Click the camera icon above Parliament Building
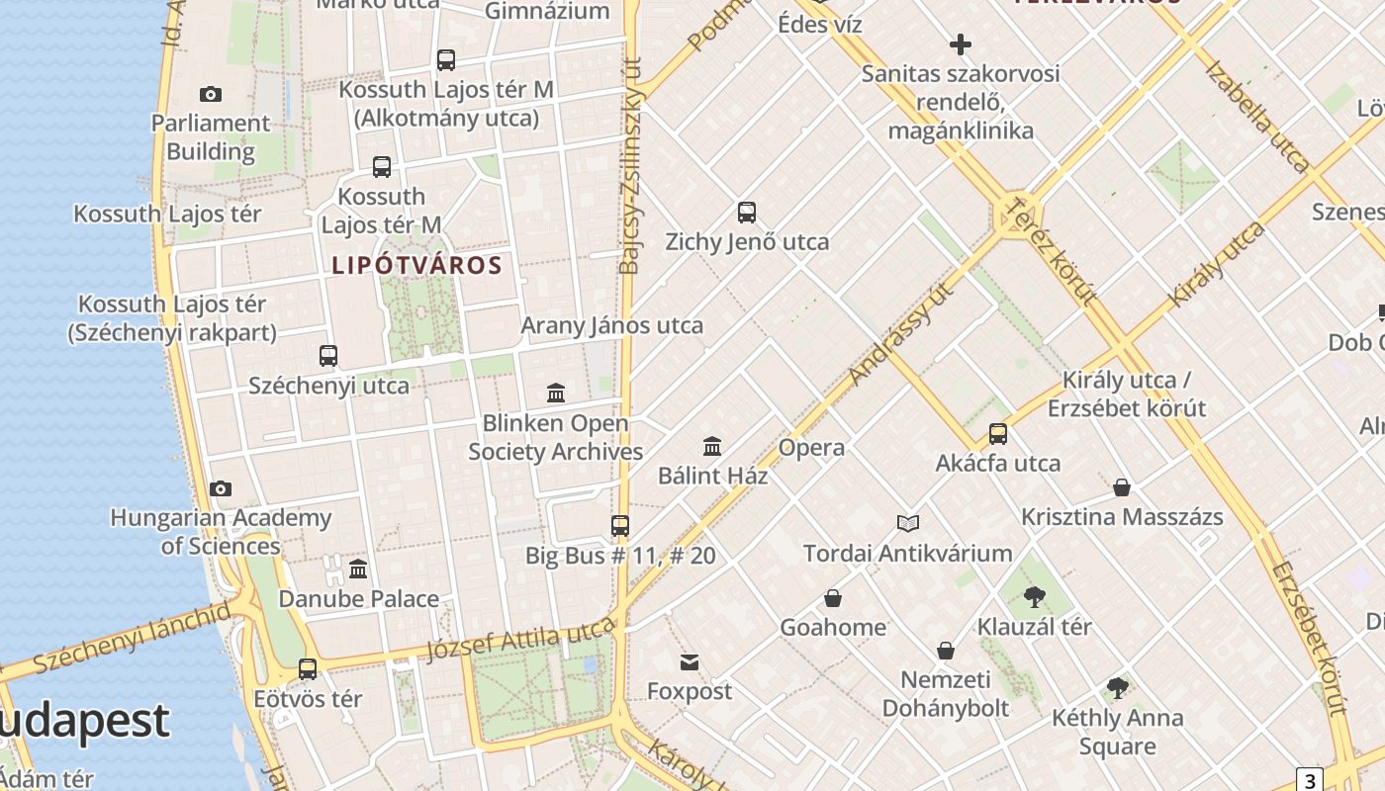click(x=210, y=95)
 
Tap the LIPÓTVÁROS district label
click(x=416, y=265)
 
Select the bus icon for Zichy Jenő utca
click(x=747, y=212)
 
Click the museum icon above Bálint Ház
click(x=712, y=446)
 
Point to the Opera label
click(x=811, y=448)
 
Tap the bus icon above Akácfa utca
click(x=998, y=434)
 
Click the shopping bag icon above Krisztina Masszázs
click(x=1122, y=487)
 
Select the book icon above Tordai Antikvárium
click(x=908, y=523)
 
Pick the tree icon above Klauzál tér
click(x=1035, y=596)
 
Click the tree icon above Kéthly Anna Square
click(x=1118, y=687)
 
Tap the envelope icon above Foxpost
click(x=690, y=661)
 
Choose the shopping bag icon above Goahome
click(x=833, y=598)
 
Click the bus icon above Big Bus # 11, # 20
click(x=620, y=525)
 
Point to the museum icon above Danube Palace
click(x=358, y=569)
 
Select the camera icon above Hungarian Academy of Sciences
click(x=221, y=488)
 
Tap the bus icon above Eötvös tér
click(x=308, y=669)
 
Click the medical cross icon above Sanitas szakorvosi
click(x=960, y=44)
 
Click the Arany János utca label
click(x=612, y=325)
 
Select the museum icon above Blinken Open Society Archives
click(x=556, y=394)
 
